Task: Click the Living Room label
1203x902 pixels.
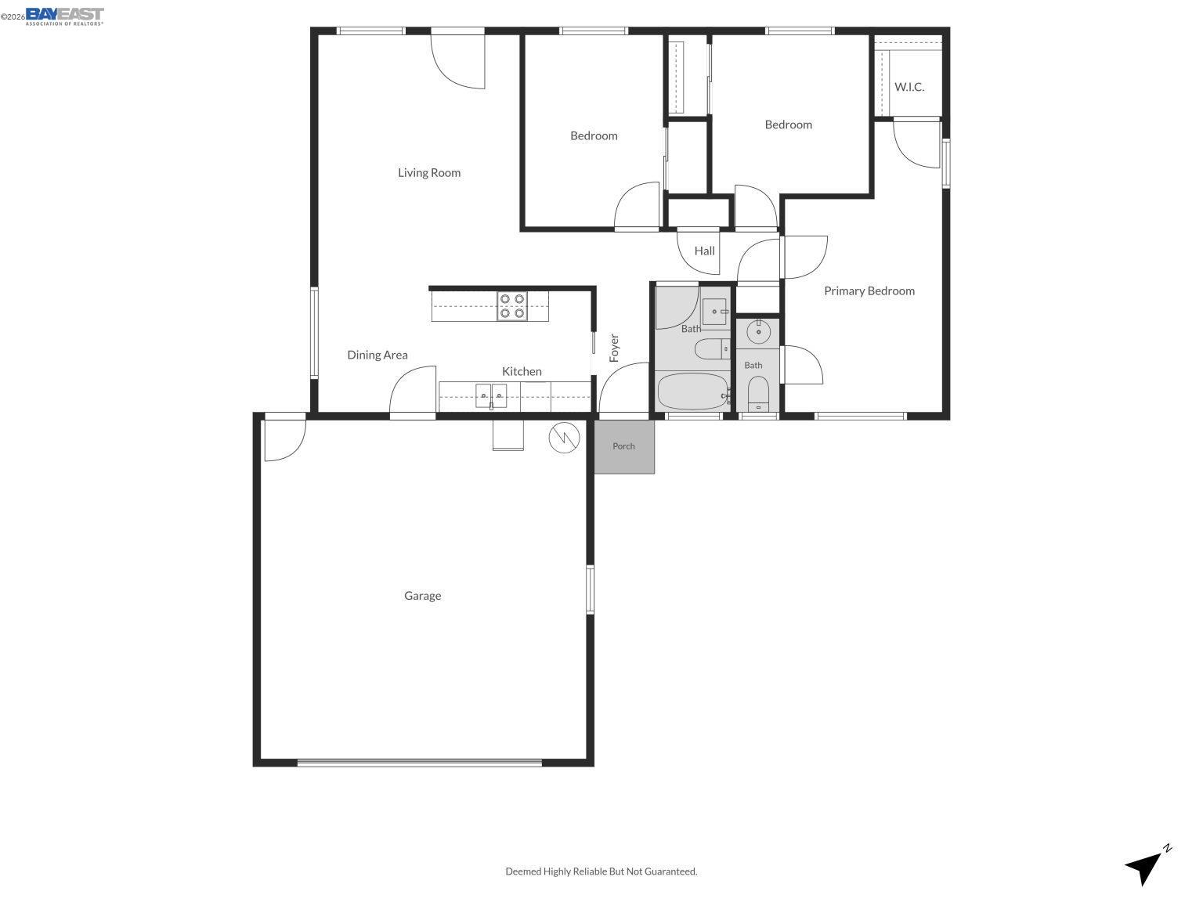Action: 429,173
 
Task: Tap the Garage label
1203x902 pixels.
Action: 423,596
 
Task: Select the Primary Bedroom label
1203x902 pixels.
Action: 869,290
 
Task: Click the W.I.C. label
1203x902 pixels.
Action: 909,87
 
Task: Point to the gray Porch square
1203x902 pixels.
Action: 624,446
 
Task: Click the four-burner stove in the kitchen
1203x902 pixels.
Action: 512,306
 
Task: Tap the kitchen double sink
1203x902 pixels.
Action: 491,395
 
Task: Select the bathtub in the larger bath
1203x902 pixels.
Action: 693,391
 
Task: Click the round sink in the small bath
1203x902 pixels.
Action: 758,331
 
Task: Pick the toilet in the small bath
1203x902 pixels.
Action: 758,394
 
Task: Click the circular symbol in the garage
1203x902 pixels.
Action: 564,438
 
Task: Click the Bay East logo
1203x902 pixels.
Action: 65,16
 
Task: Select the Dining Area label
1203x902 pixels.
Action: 378,355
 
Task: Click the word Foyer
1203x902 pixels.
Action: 614,348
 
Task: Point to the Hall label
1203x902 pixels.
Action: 704,251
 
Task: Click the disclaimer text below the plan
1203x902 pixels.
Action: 601,871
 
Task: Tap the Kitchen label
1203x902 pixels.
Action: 522,371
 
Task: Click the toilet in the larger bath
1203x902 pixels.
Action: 712,349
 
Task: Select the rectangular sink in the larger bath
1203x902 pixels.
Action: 715,312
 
